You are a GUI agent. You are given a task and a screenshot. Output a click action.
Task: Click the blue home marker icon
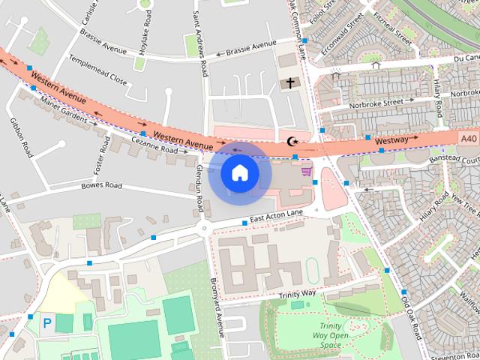[x=239, y=173]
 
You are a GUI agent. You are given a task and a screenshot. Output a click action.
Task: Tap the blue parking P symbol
[x=47, y=323]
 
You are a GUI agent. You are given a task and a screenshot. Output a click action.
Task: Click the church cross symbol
[x=290, y=82]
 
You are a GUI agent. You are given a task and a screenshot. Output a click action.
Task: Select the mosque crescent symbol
[x=292, y=141]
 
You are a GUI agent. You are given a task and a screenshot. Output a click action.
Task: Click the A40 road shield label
[x=469, y=138]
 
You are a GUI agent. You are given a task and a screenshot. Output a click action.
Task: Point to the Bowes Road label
[x=101, y=184]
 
